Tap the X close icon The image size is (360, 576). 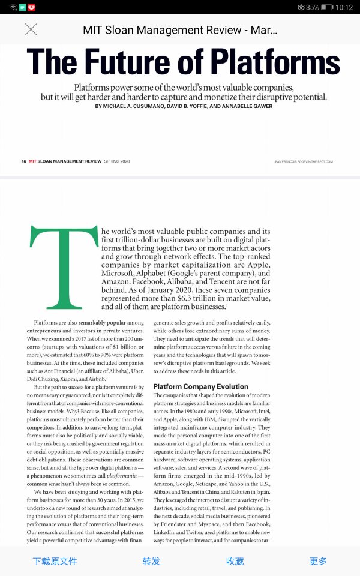pyautogui.click(x=31, y=29)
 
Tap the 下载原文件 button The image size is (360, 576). pyautogui.click(x=55, y=561)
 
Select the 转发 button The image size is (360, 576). pyautogui.click(x=151, y=561)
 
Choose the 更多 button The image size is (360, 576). pyautogui.click(x=318, y=561)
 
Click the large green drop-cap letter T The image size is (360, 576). pyautogui.click(x=64, y=267)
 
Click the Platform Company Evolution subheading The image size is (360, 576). pyautogui.click(x=200, y=386)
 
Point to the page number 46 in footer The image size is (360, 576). pyautogui.click(x=24, y=161)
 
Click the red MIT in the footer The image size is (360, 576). pyautogui.click(x=33, y=161)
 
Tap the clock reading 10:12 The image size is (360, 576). pyautogui.click(x=344, y=7)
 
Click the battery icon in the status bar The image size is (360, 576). pyautogui.click(x=326, y=7)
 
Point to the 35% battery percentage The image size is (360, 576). pyautogui.click(x=312, y=7)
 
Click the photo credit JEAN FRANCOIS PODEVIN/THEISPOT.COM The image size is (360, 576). pyautogui.click(x=303, y=161)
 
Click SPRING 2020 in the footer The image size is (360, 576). pyautogui.click(x=116, y=161)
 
